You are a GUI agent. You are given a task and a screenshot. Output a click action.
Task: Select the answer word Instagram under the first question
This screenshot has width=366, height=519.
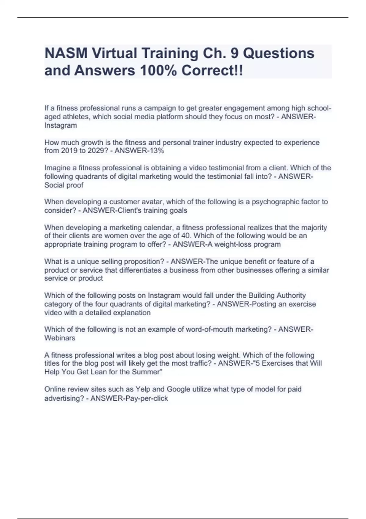(61, 125)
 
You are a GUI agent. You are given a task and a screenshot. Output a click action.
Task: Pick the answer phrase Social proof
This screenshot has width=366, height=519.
(64, 185)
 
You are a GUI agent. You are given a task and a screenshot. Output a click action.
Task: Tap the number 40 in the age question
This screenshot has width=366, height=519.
(184, 236)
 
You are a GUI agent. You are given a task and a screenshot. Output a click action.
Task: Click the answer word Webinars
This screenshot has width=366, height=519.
(60, 338)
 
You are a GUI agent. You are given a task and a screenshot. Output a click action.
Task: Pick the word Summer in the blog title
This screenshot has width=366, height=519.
(147, 372)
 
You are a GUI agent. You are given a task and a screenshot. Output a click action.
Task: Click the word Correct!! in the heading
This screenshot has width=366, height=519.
(212, 71)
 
